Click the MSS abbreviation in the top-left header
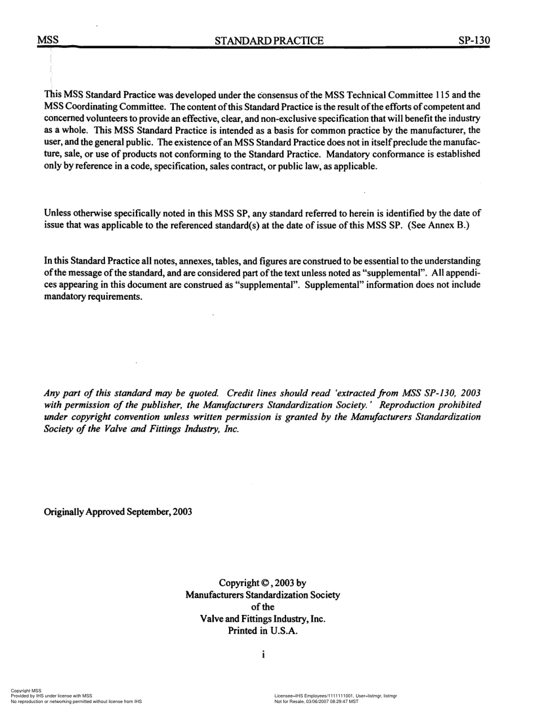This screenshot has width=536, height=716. (x=48, y=41)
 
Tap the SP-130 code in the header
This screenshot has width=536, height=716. (x=475, y=41)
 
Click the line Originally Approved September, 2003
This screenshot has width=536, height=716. (x=117, y=512)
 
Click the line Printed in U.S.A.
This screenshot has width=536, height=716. (x=262, y=631)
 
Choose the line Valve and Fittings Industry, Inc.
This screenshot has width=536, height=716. (x=263, y=619)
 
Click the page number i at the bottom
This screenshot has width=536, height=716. (x=263, y=655)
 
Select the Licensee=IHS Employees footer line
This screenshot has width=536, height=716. (x=335, y=696)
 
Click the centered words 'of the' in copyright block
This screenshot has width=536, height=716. (x=262, y=607)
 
